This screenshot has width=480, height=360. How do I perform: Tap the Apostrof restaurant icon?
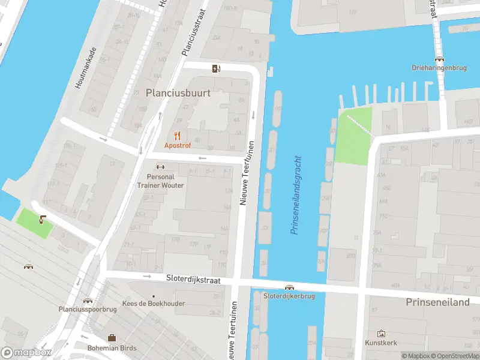(177, 136)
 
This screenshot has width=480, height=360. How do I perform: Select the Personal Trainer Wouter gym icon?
(160, 167)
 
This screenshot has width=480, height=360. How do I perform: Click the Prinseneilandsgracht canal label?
(296, 195)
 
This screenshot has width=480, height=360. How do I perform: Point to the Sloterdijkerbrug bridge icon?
(289, 287)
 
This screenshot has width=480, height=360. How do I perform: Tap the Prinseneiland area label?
(437, 302)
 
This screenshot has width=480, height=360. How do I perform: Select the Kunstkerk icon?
(381, 333)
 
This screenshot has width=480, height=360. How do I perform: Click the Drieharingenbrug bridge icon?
(440, 59)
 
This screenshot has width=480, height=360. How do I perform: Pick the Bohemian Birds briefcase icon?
(111, 338)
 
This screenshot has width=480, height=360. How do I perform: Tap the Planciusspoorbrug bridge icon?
(88, 301)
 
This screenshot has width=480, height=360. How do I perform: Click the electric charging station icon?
(216, 68)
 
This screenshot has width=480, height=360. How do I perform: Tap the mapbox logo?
(26, 353)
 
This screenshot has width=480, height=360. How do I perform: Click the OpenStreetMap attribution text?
(453, 356)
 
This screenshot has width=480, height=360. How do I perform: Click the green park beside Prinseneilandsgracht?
(353, 139)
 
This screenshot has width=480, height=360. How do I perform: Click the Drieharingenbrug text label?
(440, 68)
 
